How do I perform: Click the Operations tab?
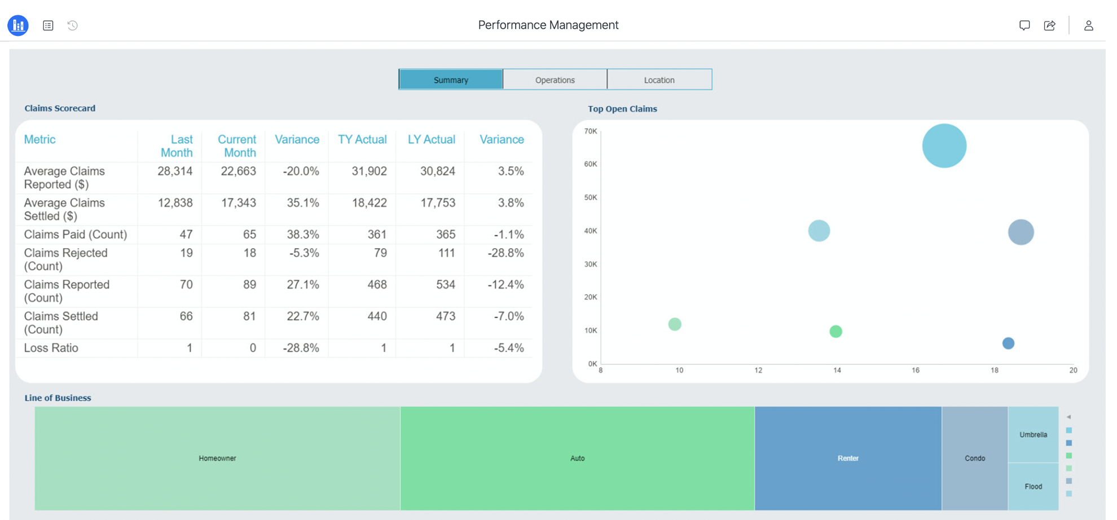(x=555, y=80)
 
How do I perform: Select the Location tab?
(x=659, y=80)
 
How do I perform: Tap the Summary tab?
(x=451, y=80)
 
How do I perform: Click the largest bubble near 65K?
(x=944, y=146)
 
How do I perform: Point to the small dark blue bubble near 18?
(x=1008, y=343)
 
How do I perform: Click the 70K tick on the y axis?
(x=590, y=131)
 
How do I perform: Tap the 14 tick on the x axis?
(x=837, y=371)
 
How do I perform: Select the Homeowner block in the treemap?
(x=217, y=458)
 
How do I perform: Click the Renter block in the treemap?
(x=847, y=458)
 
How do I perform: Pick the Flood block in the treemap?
(x=1033, y=486)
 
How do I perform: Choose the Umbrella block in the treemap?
(x=1033, y=434)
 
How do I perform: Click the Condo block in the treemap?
(x=974, y=458)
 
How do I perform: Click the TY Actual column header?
(x=362, y=139)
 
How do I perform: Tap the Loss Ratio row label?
(x=51, y=348)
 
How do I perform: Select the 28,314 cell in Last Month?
(x=175, y=171)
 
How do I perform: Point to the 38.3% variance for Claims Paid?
(x=303, y=234)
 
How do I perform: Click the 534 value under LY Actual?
(x=445, y=284)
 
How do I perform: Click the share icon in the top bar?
(x=1049, y=25)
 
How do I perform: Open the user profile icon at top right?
(x=1088, y=25)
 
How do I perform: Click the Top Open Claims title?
(x=622, y=109)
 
